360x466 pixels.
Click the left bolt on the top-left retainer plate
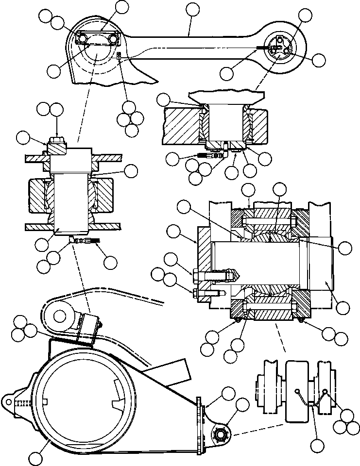(83, 38)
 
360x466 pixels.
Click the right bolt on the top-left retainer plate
(113, 38)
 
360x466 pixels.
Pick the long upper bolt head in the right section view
(197, 276)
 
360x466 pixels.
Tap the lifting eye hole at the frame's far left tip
(8, 402)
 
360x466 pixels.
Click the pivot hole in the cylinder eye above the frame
(60, 316)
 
